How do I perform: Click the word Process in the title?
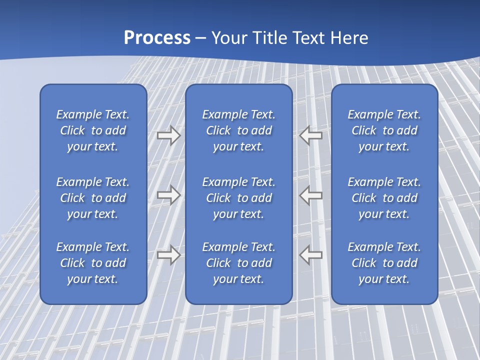(x=157, y=38)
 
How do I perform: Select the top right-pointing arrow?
(x=168, y=135)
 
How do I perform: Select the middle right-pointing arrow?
(x=168, y=195)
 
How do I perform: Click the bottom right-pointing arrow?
(x=168, y=255)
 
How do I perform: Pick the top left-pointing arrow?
(x=311, y=135)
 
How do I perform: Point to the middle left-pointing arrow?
(x=311, y=195)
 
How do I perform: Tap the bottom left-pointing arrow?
(x=311, y=255)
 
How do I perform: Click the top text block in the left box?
(x=93, y=130)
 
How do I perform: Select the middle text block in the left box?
(x=93, y=198)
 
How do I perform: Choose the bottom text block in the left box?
(x=93, y=263)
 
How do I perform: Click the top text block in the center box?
(x=238, y=130)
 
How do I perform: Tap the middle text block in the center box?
(x=238, y=198)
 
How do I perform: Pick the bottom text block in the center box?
(x=238, y=263)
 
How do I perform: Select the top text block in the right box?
(x=384, y=130)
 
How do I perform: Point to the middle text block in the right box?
(x=384, y=198)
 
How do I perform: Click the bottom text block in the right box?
(x=384, y=263)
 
